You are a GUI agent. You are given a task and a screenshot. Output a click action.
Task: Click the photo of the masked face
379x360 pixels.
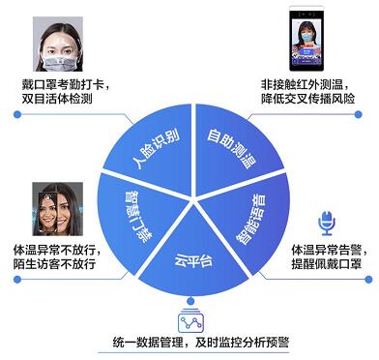pos(54,43)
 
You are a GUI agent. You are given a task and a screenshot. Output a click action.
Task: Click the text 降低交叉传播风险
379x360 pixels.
pos(313,100)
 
